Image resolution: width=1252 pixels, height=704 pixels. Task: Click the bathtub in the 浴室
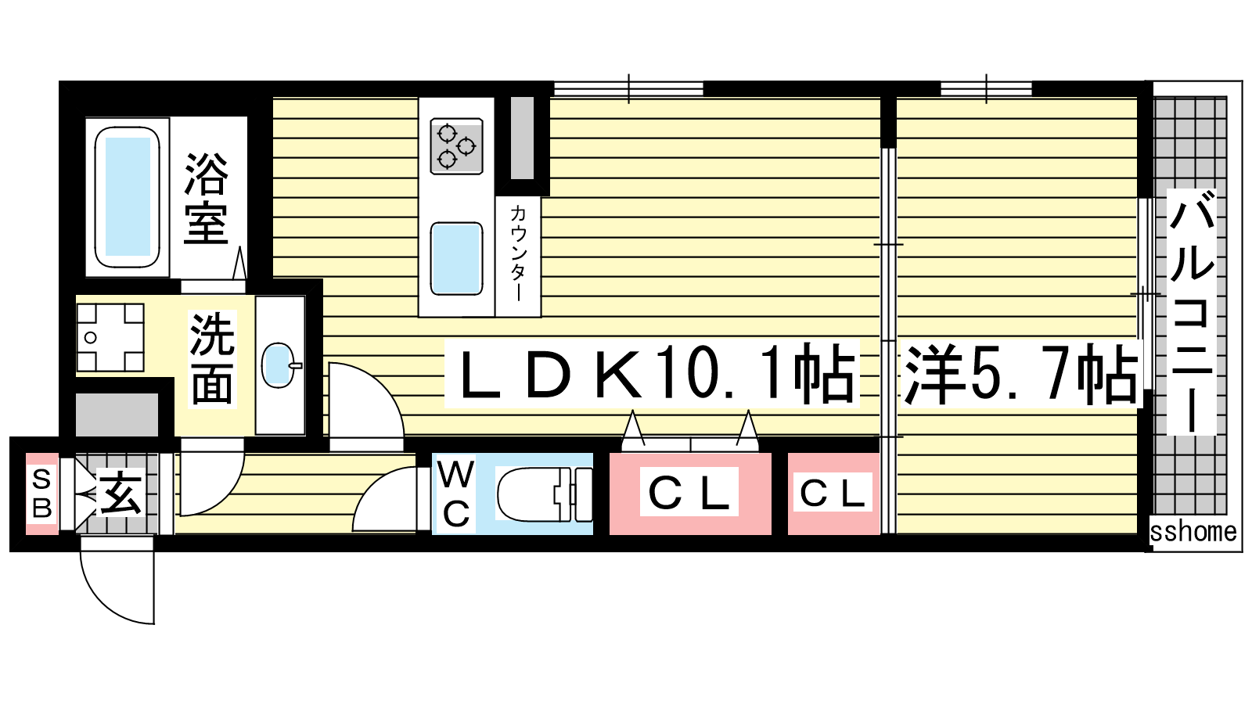pyautogui.click(x=128, y=197)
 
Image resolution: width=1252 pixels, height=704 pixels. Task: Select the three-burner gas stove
pyautogui.click(x=457, y=145)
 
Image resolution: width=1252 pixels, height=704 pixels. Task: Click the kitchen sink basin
pyautogui.click(x=456, y=258)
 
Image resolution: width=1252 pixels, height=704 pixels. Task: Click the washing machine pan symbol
pyautogui.click(x=110, y=337)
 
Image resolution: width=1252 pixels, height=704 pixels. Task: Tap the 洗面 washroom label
pyautogui.click(x=212, y=359)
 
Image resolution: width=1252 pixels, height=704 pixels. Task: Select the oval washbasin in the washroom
pyautogui.click(x=279, y=365)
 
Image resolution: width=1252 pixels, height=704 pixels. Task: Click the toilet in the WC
pyautogui.click(x=544, y=494)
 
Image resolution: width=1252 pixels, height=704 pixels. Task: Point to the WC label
pyautogui.click(x=456, y=494)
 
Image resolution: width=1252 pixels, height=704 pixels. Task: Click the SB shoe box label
pyautogui.click(x=42, y=494)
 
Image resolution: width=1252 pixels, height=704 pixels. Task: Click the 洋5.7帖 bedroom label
pyautogui.click(x=1020, y=373)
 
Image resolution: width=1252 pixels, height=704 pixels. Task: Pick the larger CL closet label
pyautogui.click(x=689, y=493)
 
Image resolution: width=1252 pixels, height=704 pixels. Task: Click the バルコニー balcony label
pyautogui.click(x=1192, y=312)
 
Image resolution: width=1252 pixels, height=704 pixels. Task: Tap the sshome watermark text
pyautogui.click(x=1193, y=531)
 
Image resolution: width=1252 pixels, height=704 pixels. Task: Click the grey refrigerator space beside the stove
pyautogui.click(x=522, y=138)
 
